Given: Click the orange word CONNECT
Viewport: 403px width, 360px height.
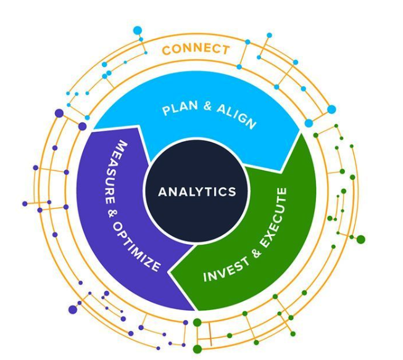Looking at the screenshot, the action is click(x=196, y=49).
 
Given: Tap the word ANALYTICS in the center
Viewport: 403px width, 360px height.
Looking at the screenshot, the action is click(x=197, y=192).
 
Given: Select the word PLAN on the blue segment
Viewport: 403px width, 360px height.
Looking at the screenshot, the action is click(x=180, y=108).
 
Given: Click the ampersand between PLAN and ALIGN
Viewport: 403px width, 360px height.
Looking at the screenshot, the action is click(x=207, y=105).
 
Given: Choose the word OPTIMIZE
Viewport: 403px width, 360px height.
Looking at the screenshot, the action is click(x=137, y=247).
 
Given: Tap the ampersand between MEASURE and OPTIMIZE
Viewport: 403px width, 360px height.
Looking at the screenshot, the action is click(x=110, y=213).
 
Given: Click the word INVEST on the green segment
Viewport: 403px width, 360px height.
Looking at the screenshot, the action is click(x=226, y=269).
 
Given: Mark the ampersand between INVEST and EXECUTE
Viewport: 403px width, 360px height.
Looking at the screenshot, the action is click(x=257, y=253).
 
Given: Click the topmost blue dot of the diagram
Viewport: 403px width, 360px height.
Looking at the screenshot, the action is click(x=138, y=30).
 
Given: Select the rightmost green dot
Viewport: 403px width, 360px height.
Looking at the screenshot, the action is click(x=361, y=239).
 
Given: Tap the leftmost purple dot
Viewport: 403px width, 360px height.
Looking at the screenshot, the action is click(x=25, y=203).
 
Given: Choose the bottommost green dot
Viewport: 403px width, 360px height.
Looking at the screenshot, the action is click(x=197, y=350).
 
